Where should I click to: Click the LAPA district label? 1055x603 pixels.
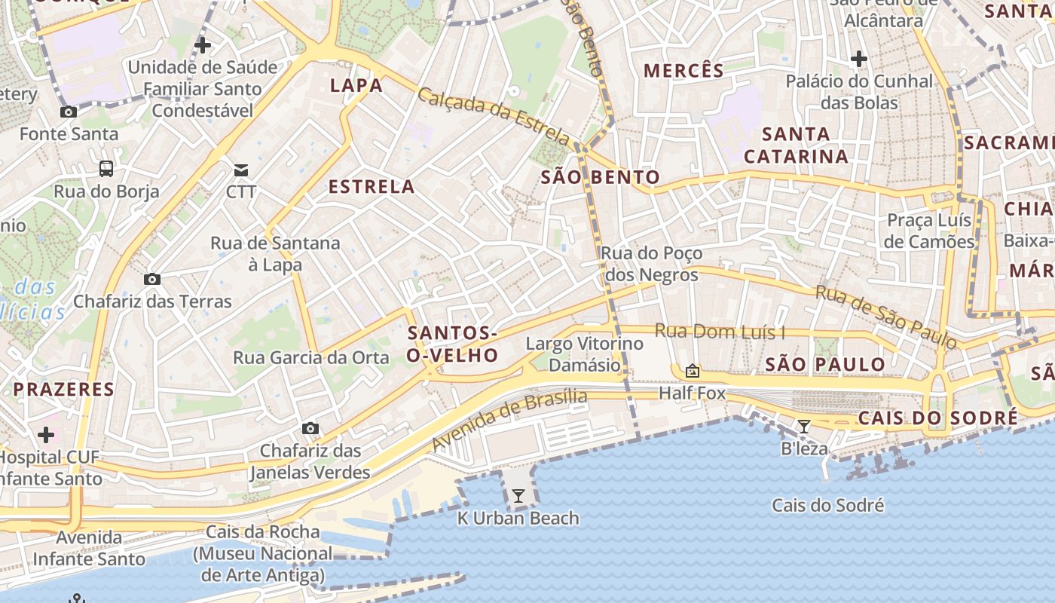coord(356,86)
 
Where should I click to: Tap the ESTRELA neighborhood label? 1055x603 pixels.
coord(372,187)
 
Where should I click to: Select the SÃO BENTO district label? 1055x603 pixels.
coord(601,178)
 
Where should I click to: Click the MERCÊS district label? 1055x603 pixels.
coord(683,72)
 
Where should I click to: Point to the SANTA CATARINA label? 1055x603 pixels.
coord(796,145)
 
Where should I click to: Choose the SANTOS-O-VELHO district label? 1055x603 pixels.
coord(452,344)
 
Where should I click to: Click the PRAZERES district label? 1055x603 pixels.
coord(63,390)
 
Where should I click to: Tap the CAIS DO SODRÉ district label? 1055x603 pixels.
coord(937,418)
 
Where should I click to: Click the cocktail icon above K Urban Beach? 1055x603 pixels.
coord(518,496)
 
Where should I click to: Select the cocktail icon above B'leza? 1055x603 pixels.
coord(804,427)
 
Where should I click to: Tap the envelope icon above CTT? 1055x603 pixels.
coord(241,170)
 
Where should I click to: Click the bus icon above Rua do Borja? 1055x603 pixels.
coord(106,169)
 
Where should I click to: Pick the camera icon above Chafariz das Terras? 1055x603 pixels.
coord(152,280)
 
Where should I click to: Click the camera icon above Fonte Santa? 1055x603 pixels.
coord(69,112)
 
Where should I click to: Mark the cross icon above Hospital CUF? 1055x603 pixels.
coord(46,435)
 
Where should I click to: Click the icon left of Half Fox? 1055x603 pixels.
coord(692,371)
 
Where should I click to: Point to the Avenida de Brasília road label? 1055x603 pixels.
coord(509,421)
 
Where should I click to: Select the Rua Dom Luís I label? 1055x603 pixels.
coord(720,332)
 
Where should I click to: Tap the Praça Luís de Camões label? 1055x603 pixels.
coord(929,231)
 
